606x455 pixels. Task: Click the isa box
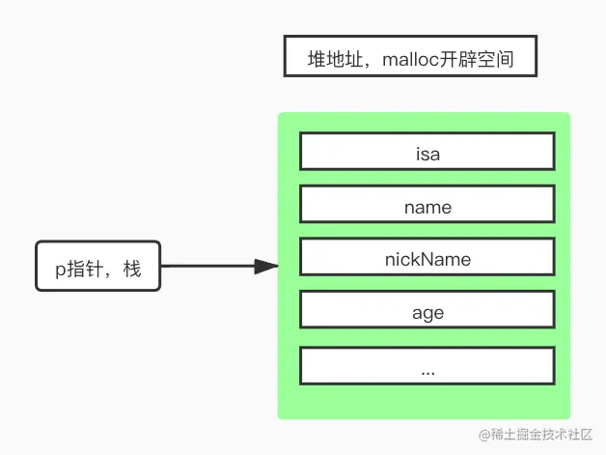point(427,152)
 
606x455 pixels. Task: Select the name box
point(427,205)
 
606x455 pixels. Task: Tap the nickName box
point(427,258)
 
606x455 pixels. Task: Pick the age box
point(427,311)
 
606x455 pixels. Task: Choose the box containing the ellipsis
point(427,366)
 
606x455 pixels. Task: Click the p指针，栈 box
point(97,266)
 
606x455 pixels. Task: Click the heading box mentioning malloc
point(409,58)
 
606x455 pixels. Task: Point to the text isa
point(427,153)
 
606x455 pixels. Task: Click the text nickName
point(427,258)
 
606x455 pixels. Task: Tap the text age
point(427,312)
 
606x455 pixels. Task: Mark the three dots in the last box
point(427,370)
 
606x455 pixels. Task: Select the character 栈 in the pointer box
point(132,268)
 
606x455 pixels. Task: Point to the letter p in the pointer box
point(60,269)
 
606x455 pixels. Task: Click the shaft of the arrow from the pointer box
point(207,266)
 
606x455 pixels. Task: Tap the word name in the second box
point(427,206)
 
